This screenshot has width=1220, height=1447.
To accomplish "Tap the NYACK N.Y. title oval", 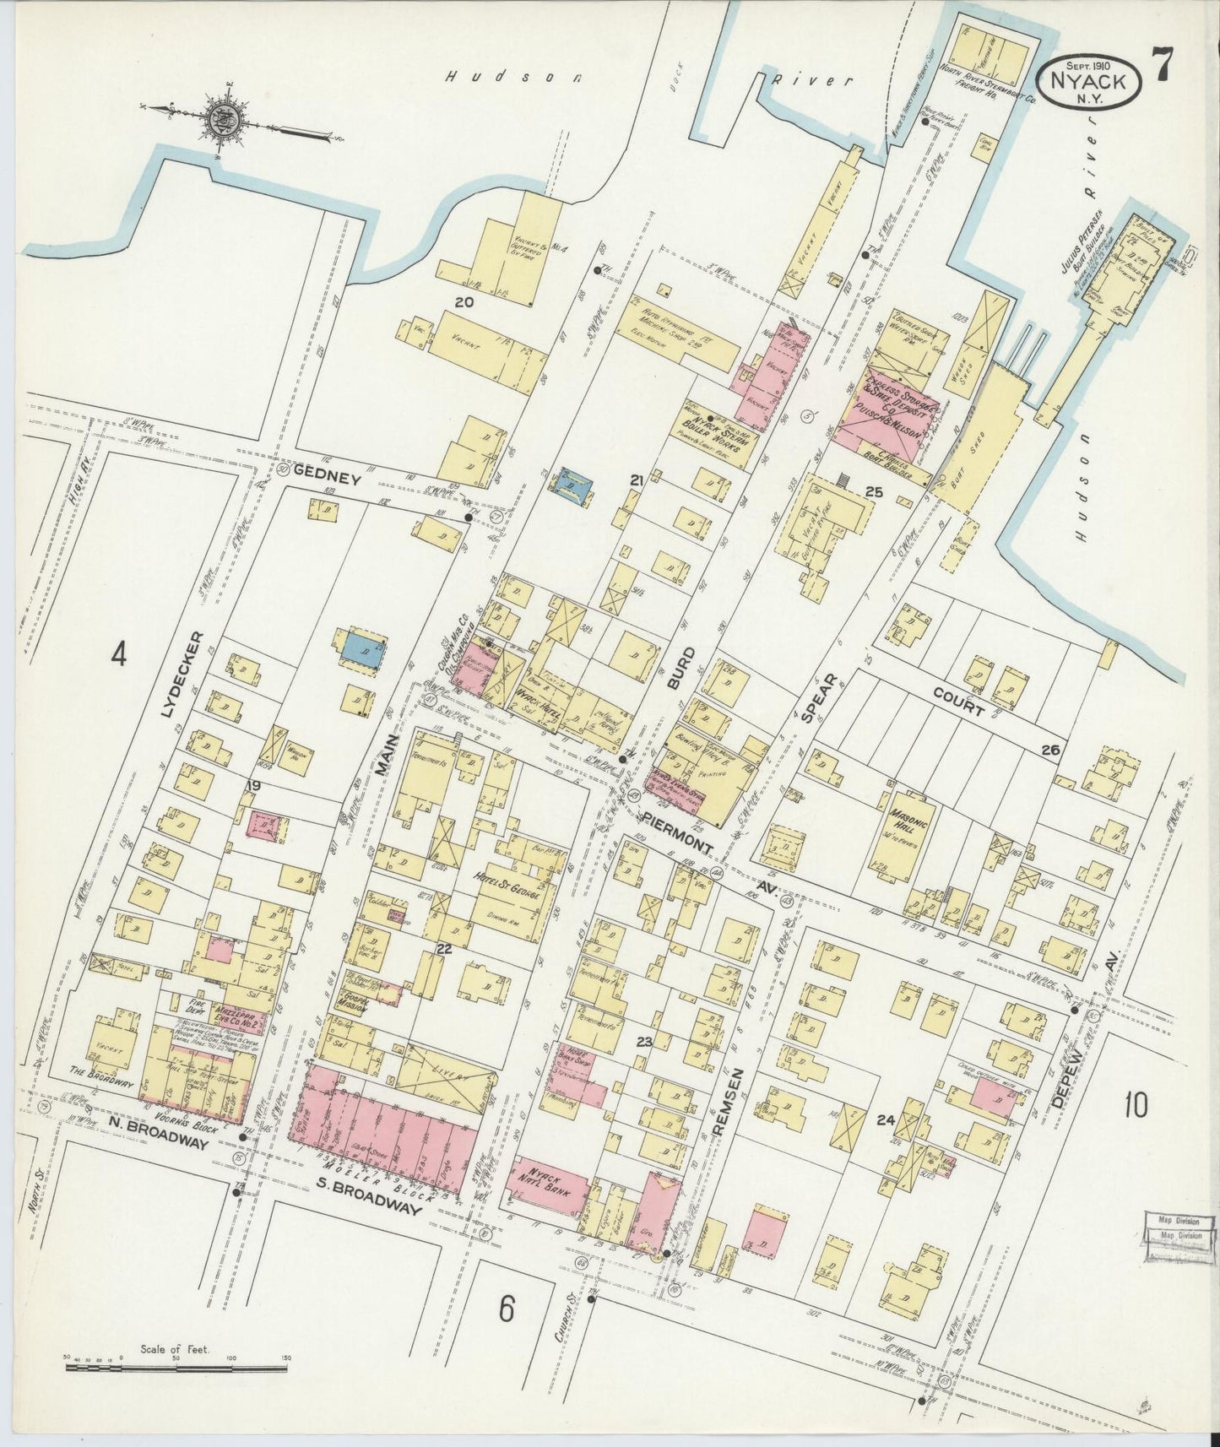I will click(x=1092, y=82).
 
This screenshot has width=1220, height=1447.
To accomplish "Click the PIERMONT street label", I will click(x=664, y=831).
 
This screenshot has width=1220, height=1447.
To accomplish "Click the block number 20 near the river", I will click(x=464, y=301).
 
